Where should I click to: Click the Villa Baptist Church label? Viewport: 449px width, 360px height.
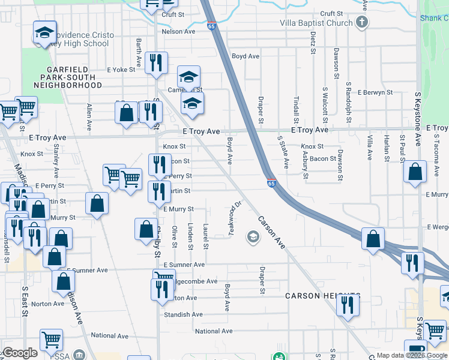click(316, 23)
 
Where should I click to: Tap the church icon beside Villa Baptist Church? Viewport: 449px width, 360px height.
click(361, 23)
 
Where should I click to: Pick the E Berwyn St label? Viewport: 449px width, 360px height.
click(375, 93)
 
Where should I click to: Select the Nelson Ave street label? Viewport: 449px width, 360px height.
click(179, 31)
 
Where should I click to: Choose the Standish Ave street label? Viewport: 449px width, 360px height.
click(184, 314)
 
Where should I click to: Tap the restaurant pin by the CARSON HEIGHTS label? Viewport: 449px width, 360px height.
click(348, 305)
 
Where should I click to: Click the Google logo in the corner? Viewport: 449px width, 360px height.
click(19, 353)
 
